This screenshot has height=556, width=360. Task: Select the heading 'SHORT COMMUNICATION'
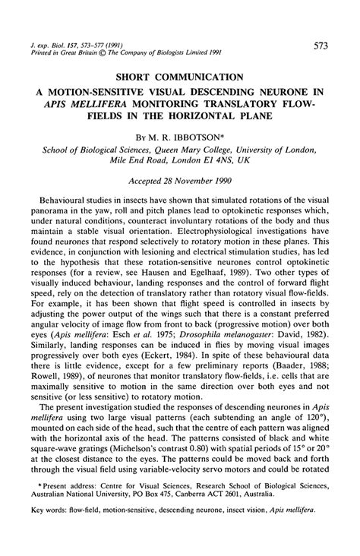(180, 77)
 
